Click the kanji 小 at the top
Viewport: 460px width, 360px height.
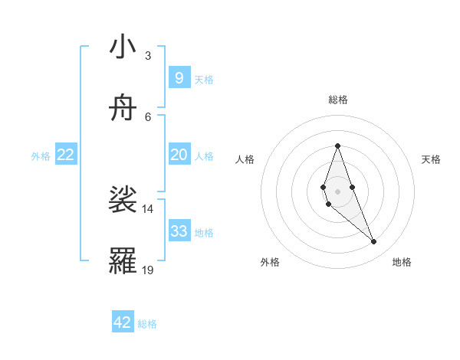click(x=123, y=47)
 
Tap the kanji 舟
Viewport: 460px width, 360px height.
click(x=123, y=109)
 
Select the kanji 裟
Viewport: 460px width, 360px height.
click(x=123, y=201)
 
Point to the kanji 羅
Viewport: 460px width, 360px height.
click(x=123, y=262)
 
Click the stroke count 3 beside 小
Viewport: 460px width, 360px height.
click(x=147, y=55)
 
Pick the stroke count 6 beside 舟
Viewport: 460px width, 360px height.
click(x=147, y=116)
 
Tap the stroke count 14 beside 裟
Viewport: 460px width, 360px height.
click(x=147, y=208)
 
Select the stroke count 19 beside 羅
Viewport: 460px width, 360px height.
click(x=147, y=270)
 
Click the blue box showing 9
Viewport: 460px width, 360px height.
click(x=179, y=77)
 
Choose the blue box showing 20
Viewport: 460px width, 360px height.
click(x=179, y=155)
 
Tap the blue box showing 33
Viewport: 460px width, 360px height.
click(x=179, y=231)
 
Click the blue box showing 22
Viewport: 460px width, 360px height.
click(x=66, y=155)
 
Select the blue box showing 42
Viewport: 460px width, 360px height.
click(x=123, y=322)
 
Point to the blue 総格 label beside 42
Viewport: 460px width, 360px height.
click(x=147, y=324)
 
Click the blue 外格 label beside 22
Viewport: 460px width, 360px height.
click(x=41, y=155)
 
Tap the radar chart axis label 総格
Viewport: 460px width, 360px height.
click(x=337, y=100)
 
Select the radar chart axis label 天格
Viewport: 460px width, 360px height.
click(x=431, y=159)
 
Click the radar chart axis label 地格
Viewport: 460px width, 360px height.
click(x=402, y=263)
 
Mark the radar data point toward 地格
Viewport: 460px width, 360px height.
click(x=374, y=242)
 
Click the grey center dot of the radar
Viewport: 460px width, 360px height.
click(x=337, y=191)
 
